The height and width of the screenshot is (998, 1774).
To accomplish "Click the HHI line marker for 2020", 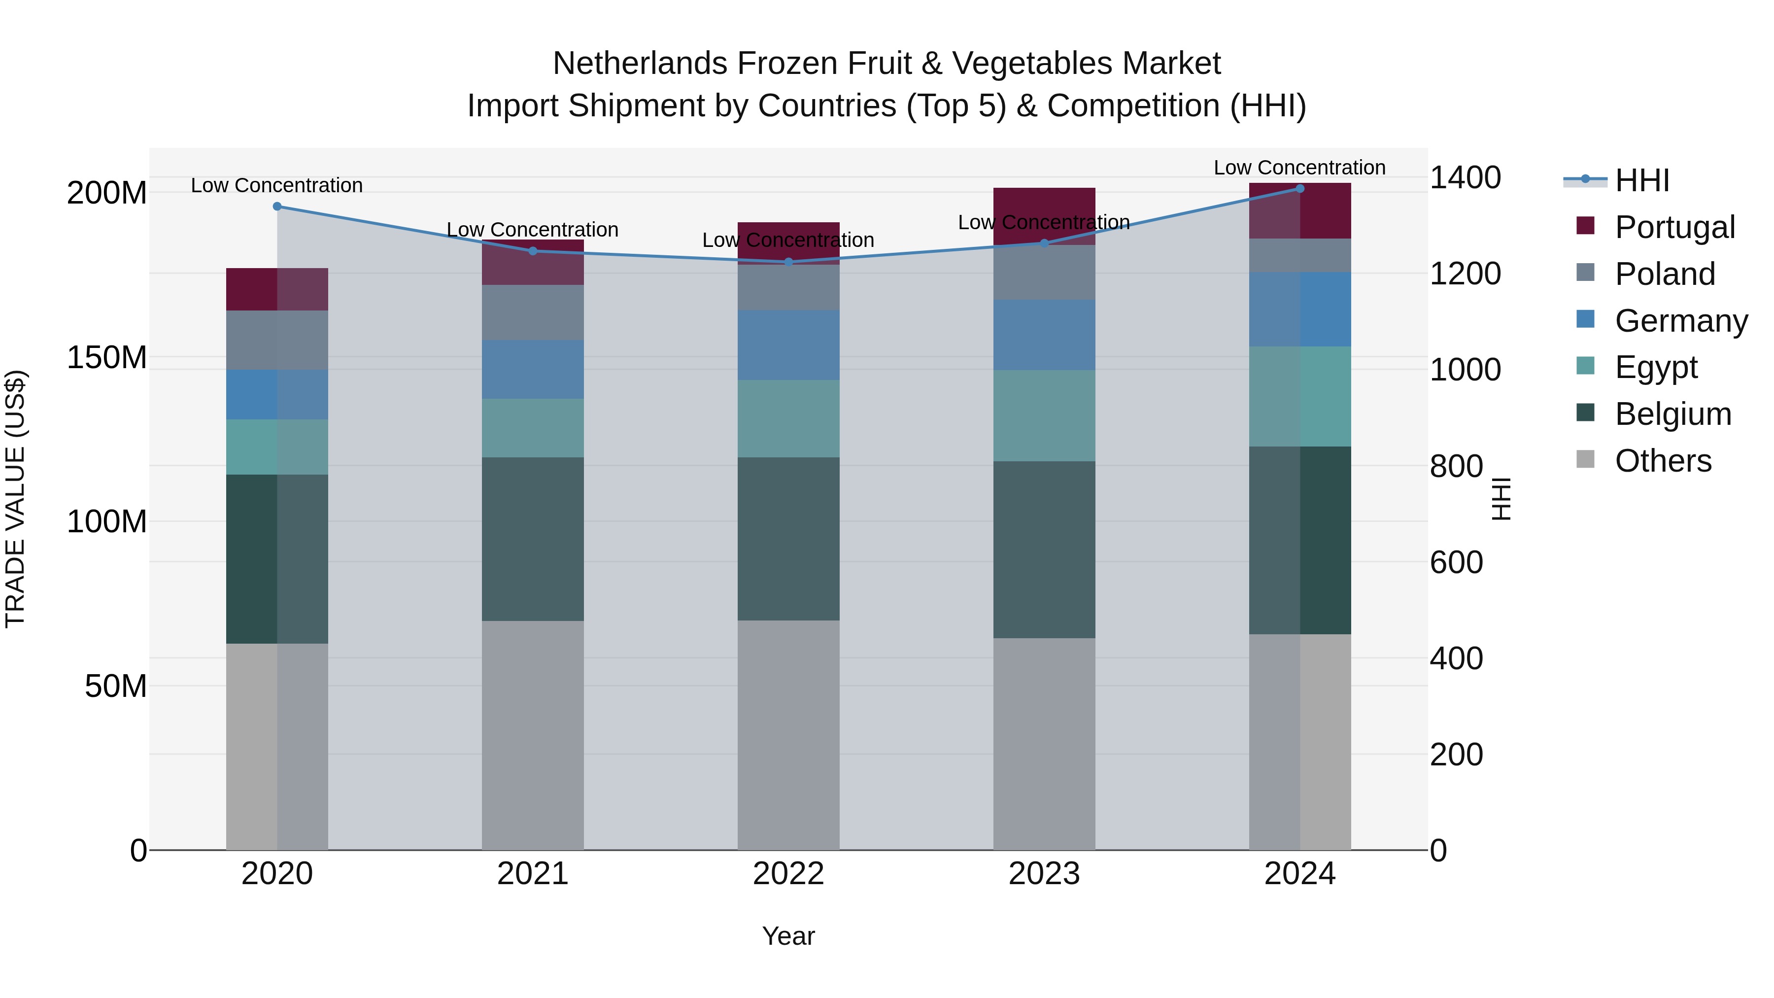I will coord(277,206).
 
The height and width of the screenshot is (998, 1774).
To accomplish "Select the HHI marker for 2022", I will coord(788,262).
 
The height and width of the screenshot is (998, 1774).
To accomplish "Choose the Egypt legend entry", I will coord(1656,367).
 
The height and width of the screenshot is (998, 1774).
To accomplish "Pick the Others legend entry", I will coord(1663,461).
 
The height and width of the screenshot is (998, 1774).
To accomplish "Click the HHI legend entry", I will coord(1642,180).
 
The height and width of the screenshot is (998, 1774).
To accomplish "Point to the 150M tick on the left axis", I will coord(107,357).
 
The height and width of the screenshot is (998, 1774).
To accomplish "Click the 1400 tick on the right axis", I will coord(1465,178).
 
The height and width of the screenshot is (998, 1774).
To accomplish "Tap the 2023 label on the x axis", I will coord(1044,874).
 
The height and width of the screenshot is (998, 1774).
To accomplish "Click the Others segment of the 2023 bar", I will coord(1044,743).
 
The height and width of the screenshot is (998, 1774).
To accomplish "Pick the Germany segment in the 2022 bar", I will coord(788,344).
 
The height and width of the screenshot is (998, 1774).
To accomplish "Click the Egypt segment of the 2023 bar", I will coord(1044,415).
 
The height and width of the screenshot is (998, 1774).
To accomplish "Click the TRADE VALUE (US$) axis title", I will coord(15,499).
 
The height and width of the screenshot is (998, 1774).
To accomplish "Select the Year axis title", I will coord(788,936).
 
